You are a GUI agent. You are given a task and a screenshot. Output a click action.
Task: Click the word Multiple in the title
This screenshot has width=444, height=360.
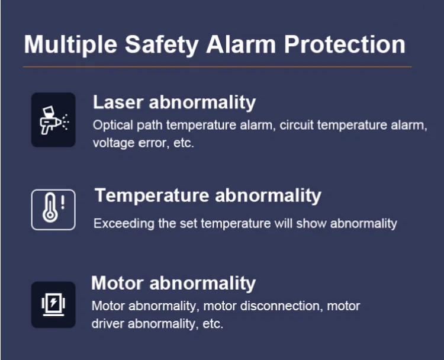(x=70, y=44)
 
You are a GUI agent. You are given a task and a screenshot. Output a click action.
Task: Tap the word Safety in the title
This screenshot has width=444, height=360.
(x=162, y=44)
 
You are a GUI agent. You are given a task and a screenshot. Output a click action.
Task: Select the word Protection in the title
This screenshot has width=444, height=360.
(x=345, y=44)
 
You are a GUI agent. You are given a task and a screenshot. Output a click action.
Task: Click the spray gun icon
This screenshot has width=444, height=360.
(x=54, y=120)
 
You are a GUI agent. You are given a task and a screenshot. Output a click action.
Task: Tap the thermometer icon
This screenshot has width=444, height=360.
(x=50, y=208)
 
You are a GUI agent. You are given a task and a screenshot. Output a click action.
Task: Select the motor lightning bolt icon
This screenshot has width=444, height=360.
(x=53, y=304)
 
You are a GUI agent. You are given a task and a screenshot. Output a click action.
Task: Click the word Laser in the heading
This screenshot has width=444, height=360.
(x=118, y=102)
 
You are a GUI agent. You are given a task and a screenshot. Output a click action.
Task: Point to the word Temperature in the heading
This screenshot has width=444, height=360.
(x=152, y=196)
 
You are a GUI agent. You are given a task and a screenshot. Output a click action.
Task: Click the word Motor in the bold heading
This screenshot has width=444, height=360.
(x=117, y=283)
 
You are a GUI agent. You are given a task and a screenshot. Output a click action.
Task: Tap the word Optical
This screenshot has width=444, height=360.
(x=113, y=126)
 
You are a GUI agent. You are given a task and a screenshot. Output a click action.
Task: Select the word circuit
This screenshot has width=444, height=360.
(x=297, y=125)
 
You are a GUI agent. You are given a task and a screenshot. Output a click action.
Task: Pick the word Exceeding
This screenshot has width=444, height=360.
(x=124, y=224)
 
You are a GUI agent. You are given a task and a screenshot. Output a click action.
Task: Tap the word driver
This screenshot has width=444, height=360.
(x=108, y=323)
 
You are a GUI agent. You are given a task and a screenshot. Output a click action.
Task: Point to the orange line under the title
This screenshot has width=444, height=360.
(x=217, y=67)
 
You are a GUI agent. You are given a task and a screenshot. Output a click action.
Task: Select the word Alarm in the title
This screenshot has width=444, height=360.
(x=241, y=44)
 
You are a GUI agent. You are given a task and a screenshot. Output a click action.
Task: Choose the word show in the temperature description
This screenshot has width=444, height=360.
(x=311, y=223)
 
